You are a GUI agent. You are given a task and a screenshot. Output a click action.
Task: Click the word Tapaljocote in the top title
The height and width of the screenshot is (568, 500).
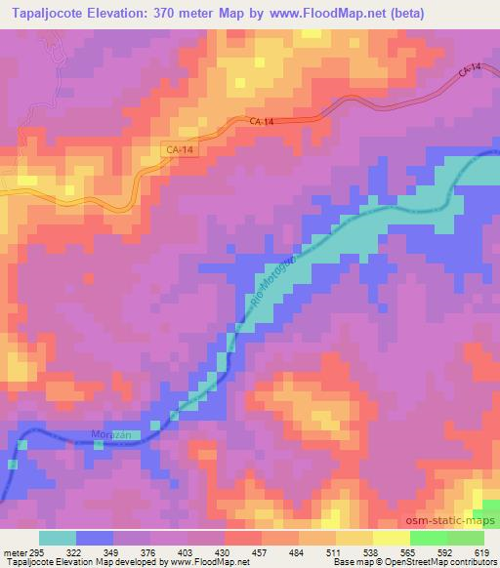pos(49,12)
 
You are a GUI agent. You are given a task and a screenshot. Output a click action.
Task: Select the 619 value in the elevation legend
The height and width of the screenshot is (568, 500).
pos(483,550)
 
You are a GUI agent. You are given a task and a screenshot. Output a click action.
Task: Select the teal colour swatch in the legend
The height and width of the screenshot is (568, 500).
pos(57,538)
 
